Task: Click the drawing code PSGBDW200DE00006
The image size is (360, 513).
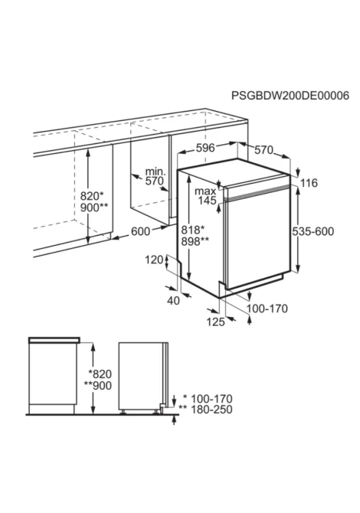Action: [290, 96]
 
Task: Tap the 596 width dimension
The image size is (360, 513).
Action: [205, 148]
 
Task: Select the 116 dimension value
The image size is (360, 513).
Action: [309, 183]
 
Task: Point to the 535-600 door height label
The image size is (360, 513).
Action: [313, 232]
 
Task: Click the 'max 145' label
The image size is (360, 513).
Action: [205, 196]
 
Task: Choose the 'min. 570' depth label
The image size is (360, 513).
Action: [155, 176]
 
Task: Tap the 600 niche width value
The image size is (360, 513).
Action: [141, 231]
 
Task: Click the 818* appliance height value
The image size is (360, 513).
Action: [193, 230]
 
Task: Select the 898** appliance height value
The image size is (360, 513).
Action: [195, 241]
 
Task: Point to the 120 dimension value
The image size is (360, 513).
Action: [154, 260]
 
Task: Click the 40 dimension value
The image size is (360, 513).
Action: [173, 301]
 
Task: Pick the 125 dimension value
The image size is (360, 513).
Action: [216, 322]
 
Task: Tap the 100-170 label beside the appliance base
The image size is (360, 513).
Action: [267, 309]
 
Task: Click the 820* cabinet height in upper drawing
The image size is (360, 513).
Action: [92, 196]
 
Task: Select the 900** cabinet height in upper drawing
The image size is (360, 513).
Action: [94, 207]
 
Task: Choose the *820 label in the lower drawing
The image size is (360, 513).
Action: [100, 374]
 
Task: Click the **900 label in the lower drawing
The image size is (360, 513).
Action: [98, 385]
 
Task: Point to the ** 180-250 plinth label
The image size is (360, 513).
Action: [205, 410]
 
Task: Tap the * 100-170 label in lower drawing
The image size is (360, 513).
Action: [208, 399]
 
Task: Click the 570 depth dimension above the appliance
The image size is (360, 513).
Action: [263, 150]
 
